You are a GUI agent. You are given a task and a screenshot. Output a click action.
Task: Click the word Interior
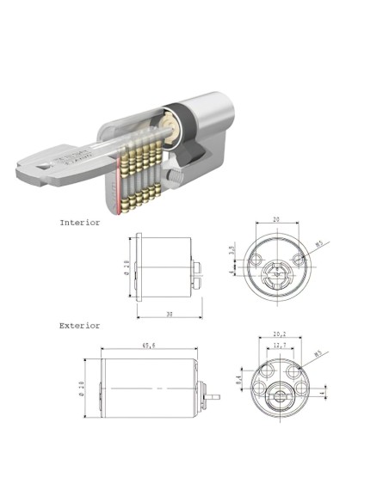coord(79,222)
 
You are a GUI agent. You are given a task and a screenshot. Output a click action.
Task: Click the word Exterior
coord(79,326)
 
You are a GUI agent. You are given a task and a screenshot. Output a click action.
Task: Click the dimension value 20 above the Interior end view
coord(276,219)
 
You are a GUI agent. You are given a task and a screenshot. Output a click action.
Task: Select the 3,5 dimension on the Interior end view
coord(232,251)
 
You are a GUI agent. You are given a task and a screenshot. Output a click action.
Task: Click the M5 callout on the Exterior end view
coord(318,353)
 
